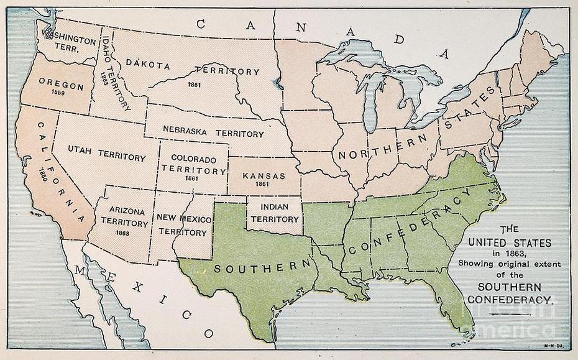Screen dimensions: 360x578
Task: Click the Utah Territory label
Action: pyautogui.click(x=106, y=157)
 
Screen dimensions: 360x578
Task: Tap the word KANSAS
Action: pyautogui.click(x=264, y=175)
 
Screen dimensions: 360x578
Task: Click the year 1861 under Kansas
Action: pyautogui.click(x=264, y=185)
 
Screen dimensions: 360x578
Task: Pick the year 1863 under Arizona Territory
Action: pyautogui.click(x=122, y=233)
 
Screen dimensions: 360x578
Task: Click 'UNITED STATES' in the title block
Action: pyautogui.click(x=509, y=242)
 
